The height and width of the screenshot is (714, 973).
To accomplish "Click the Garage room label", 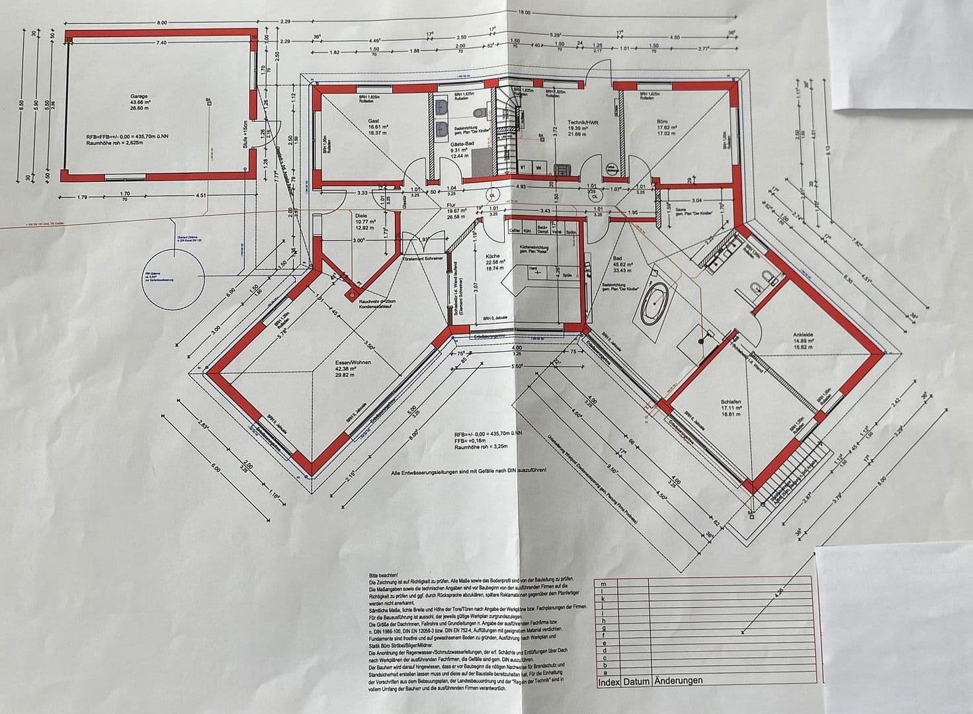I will (140, 96).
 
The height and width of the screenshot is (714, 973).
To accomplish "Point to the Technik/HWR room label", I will (582, 122).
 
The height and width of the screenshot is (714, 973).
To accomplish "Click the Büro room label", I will (662, 122).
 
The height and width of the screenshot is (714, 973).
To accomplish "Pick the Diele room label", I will (360, 215).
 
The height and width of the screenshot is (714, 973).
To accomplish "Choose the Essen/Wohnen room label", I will (353, 363).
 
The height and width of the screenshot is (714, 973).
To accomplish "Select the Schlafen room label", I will (730, 402).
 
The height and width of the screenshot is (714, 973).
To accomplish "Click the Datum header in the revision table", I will (636, 680).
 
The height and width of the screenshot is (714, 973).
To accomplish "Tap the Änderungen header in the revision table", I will (678, 680).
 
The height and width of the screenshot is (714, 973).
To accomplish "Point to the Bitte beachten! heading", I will (382, 576).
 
